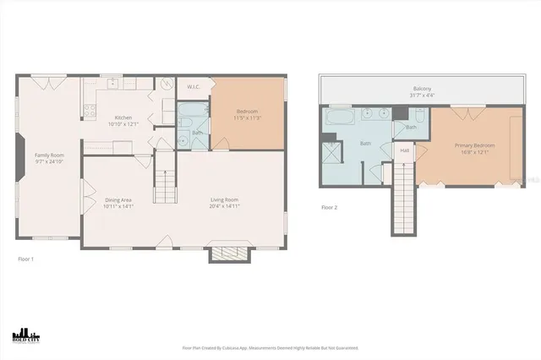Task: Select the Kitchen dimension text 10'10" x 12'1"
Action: pos(123,124)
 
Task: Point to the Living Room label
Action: pos(224,199)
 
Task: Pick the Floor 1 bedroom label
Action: pos(247,112)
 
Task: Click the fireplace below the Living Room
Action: pos(225,254)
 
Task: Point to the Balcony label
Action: pos(422,89)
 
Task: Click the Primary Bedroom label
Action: pos(474,145)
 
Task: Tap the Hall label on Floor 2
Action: pos(405,150)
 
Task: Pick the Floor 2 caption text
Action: pos(330,207)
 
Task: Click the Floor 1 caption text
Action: pos(25,259)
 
